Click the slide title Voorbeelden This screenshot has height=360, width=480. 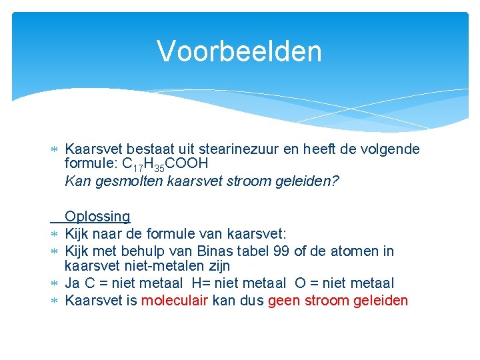point(239,51)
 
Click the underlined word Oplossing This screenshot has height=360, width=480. point(97,217)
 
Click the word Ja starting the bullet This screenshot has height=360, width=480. point(73,283)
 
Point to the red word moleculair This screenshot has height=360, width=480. point(175,301)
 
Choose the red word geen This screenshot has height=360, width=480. point(284,301)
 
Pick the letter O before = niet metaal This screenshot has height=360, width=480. point(300,283)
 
